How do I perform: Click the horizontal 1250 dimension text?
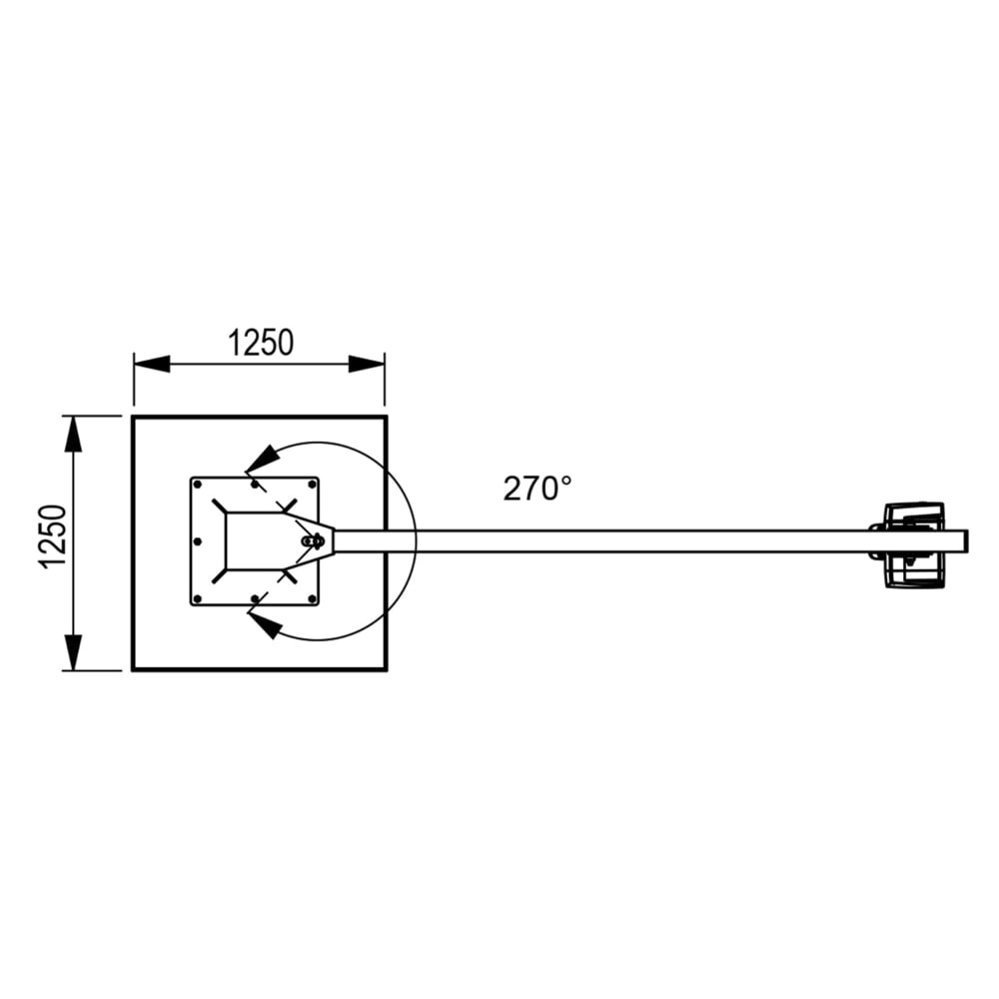tap(261, 343)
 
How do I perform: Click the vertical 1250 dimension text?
tap(55, 538)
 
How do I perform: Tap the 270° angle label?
tap(537, 489)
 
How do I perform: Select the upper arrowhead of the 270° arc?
tap(262, 459)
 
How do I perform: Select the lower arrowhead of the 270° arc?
tap(263, 625)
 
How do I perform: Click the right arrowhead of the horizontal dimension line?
tap(367, 364)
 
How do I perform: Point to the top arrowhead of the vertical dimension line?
tap(73, 434)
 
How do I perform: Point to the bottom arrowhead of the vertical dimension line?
tap(73, 651)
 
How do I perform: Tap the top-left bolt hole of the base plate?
tap(198, 485)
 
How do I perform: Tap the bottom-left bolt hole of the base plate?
tap(198, 597)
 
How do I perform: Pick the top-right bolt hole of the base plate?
tap(312, 485)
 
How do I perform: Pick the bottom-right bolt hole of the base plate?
tap(312, 597)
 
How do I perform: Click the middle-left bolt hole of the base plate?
tap(198, 540)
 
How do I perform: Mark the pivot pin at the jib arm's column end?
tap(312, 540)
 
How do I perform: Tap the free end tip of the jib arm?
tap(966, 541)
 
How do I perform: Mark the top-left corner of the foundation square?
tap(134, 416)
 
